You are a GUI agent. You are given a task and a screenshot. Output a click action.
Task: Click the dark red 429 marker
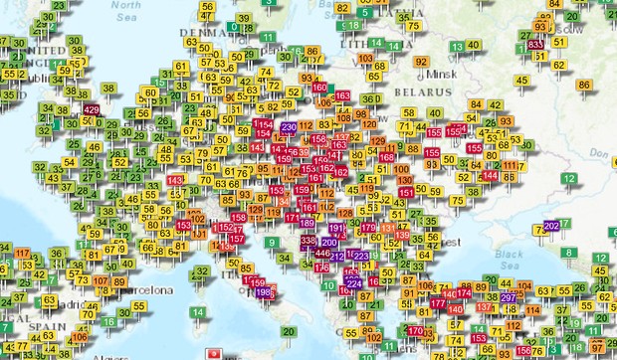(x=92, y=109)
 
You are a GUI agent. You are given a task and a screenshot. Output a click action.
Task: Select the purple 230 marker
(x=289, y=127)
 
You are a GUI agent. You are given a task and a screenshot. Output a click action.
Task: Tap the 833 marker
(x=535, y=44)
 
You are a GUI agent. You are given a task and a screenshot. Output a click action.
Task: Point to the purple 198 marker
(x=265, y=293)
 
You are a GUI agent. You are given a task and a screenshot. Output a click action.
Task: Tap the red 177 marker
(x=438, y=302)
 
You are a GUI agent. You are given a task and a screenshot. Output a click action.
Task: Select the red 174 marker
(x=462, y=295)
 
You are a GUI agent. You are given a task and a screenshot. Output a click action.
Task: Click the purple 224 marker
(x=354, y=282)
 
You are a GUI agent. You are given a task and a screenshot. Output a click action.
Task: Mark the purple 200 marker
(x=329, y=242)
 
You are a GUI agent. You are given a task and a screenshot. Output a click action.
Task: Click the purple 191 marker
(x=337, y=229)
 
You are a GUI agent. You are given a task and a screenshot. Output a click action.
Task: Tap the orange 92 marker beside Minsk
(x=422, y=62)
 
